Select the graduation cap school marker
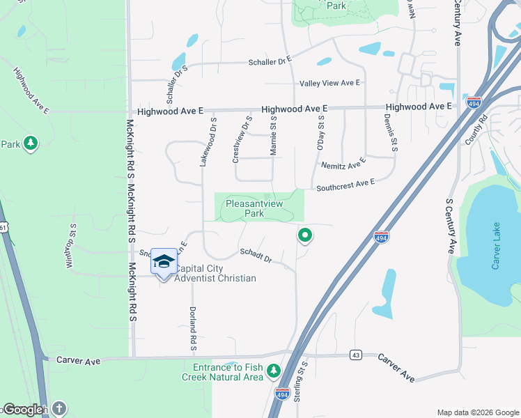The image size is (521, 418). [164, 261]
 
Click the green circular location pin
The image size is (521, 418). [304, 235]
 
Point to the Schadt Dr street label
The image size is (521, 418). [255, 256]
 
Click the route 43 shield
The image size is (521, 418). [356, 355]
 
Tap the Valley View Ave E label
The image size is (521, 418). [329, 83]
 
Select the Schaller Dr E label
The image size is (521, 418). [270, 61]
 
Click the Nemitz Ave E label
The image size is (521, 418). [343, 164]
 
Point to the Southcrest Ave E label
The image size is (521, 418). [345, 185]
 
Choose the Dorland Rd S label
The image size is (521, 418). [194, 328]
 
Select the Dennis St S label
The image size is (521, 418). [389, 133]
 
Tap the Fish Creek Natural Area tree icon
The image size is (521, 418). [274, 369]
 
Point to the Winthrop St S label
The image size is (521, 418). [70, 246]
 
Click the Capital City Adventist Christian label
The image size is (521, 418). [215, 274]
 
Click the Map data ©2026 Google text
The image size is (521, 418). [478, 412]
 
